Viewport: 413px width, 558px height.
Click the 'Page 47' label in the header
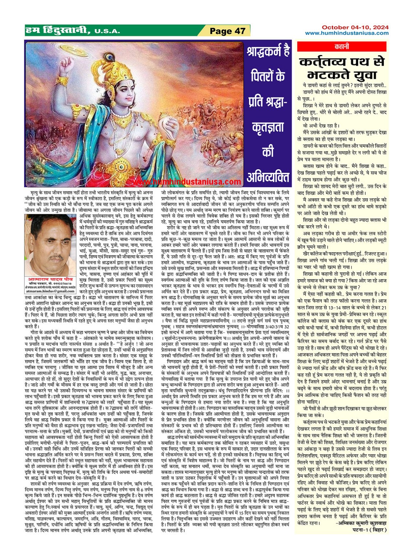pyautogui.click(x=227, y=31)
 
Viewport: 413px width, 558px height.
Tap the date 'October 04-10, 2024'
pyautogui.click(x=355, y=27)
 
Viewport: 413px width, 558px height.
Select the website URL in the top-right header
pyautogui.click(x=346, y=33)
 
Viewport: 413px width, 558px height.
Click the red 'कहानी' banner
pyautogui.click(x=342, y=47)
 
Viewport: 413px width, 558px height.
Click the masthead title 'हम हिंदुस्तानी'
pyautogui.click(x=58, y=31)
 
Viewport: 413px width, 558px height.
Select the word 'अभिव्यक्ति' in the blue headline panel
pyautogui.click(x=268, y=177)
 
